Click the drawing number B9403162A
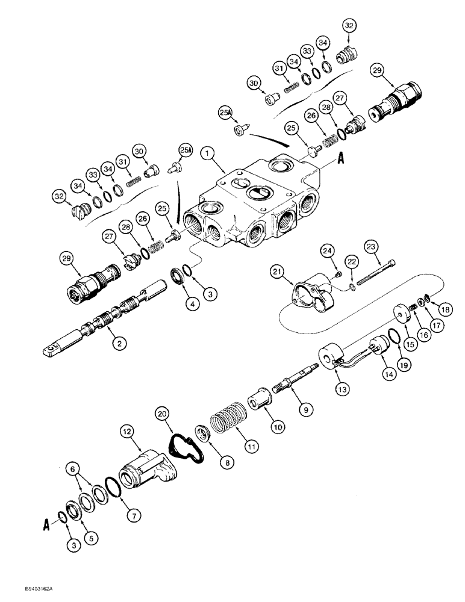click(x=27, y=592)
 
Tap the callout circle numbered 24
click(x=326, y=250)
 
